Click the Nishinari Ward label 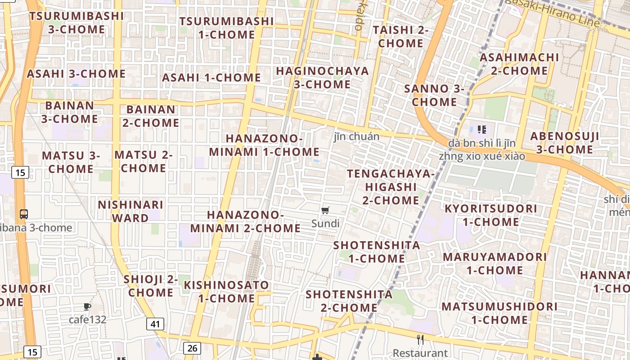point(130,211)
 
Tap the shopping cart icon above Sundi point(325,210)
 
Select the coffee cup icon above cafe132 point(87,307)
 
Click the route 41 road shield point(155,324)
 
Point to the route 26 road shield point(192,347)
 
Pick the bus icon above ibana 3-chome point(24,214)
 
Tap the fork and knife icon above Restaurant point(420,340)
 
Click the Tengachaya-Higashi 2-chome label point(391,187)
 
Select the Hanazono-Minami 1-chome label point(264,145)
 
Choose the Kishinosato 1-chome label point(226,292)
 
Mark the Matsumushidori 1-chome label point(499,313)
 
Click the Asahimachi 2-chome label point(519,64)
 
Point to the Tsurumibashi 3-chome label point(76,22)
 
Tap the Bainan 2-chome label point(151,116)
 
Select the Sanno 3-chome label point(434,95)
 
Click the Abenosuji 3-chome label point(564,143)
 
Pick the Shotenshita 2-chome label point(349,301)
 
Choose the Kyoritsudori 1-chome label point(490,215)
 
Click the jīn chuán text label point(356,136)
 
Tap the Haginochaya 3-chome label point(322,77)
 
